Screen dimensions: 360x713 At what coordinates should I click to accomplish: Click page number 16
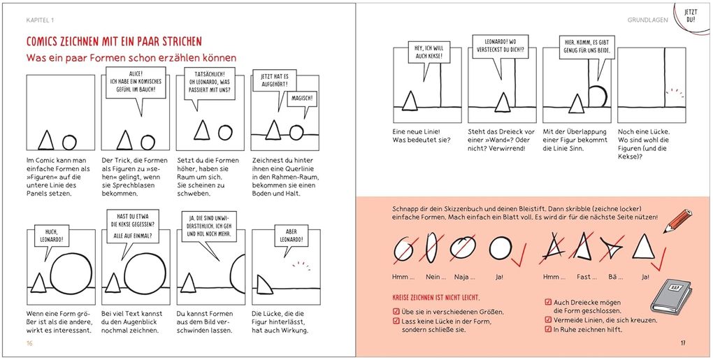(x=29, y=343)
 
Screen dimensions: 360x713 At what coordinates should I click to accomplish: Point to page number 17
(x=683, y=343)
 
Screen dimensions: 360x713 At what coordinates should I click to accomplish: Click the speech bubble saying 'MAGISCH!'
(x=302, y=99)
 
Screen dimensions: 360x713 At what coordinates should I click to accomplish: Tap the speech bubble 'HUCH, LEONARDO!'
(x=51, y=236)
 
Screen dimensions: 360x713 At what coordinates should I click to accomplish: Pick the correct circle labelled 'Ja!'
(x=500, y=248)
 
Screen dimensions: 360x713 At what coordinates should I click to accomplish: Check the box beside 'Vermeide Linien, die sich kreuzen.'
(x=547, y=320)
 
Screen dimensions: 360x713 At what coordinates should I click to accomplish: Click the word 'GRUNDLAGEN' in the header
(x=647, y=21)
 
